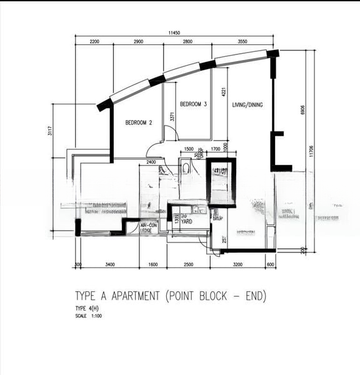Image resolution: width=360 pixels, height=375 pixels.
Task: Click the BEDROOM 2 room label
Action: click(x=139, y=123)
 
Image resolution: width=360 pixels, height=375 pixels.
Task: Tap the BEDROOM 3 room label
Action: click(x=193, y=104)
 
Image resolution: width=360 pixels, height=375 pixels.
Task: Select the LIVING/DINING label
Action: click(x=247, y=105)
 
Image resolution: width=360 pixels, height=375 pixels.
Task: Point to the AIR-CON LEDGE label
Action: click(x=149, y=229)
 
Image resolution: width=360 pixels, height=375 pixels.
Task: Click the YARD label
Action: click(x=186, y=220)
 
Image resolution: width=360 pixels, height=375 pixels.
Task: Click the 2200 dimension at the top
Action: click(x=94, y=41)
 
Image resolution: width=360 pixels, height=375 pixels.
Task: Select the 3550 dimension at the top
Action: click(x=242, y=41)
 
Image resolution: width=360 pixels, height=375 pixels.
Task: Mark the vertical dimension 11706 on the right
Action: click(x=311, y=150)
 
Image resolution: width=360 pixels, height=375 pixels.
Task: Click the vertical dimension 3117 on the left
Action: click(x=49, y=131)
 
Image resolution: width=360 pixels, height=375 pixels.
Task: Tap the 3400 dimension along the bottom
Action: click(x=109, y=265)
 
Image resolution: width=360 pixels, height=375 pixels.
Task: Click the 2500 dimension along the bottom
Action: click(x=189, y=265)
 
